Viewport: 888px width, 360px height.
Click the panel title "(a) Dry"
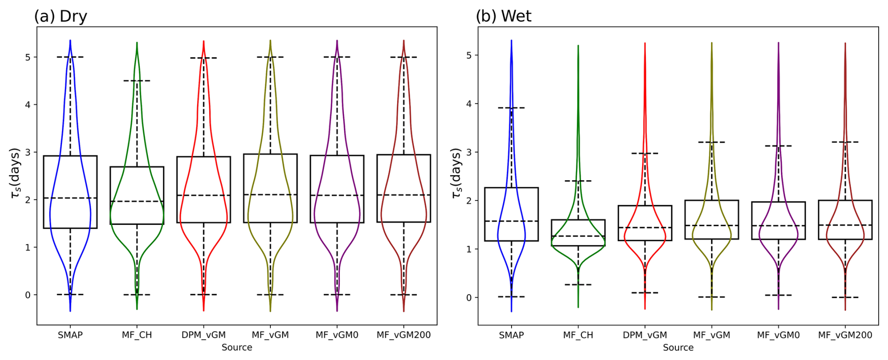click(x=61, y=16)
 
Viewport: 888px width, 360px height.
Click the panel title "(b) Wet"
click(x=504, y=16)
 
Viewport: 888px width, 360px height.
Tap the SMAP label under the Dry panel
click(x=70, y=335)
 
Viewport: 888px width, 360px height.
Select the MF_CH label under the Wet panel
click(x=578, y=335)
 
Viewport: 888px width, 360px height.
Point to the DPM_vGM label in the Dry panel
click(x=204, y=335)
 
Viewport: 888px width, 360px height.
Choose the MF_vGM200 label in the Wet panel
click(x=845, y=335)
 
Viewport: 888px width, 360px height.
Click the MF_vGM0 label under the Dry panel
click(x=337, y=335)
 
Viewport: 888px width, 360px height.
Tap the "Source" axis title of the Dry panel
click(x=237, y=347)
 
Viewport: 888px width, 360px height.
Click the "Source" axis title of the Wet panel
click(x=678, y=347)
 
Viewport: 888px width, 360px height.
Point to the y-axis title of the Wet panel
click(x=455, y=173)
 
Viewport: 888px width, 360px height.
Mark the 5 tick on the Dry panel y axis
click(x=28, y=57)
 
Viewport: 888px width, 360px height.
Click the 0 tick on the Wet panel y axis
click(x=469, y=298)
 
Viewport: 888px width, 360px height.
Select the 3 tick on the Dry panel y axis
click(x=28, y=152)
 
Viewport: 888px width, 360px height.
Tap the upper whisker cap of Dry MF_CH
click(x=137, y=81)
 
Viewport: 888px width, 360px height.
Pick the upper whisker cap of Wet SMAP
click(x=511, y=108)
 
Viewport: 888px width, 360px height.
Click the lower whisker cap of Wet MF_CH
click(x=578, y=284)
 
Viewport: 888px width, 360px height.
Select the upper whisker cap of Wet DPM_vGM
click(x=645, y=153)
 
